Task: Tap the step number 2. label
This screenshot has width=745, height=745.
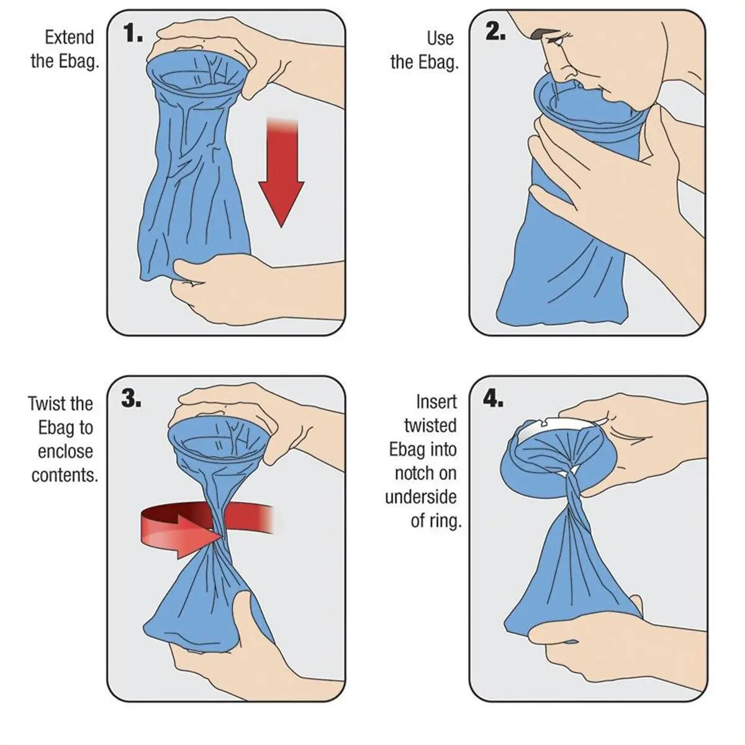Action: [x=494, y=33]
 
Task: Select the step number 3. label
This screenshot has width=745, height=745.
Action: [x=131, y=399]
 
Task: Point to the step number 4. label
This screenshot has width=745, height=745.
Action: [x=493, y=399]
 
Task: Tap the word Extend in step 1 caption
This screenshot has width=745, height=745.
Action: [x=69, y=38]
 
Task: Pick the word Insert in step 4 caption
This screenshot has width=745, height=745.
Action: [x=436, y=402]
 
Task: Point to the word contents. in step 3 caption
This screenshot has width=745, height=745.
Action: [x=65, y=476]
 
